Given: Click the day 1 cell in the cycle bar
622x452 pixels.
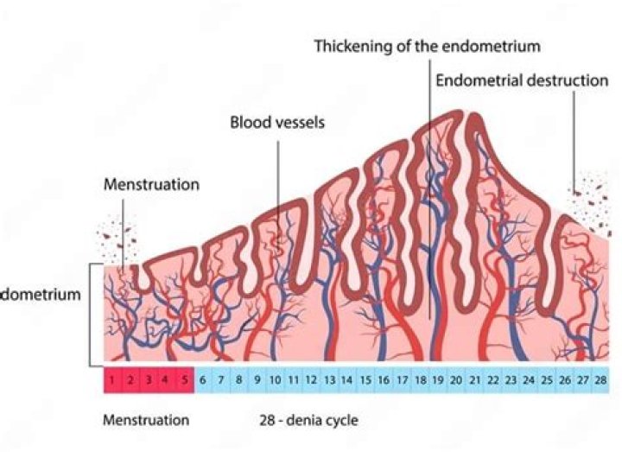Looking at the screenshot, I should (112, 378).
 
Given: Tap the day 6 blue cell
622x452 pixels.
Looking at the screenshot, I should (203, 378).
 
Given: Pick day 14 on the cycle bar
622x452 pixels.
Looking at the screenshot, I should (346, 378).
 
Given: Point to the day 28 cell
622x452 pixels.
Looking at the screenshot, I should (600, 378).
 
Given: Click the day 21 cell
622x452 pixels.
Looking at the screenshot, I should (473, 378).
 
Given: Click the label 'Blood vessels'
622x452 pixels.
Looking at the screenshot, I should (276, 123).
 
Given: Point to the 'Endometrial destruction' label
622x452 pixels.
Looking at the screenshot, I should (522, 80).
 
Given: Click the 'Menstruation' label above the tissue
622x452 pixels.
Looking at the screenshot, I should (151, 185).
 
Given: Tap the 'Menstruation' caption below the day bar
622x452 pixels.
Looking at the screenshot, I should (146, 421).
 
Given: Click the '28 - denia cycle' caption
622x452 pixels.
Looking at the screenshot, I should (308, 421).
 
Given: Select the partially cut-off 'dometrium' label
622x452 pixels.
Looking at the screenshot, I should (41, 294).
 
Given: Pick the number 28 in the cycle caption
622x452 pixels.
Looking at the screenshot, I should (267, 421).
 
